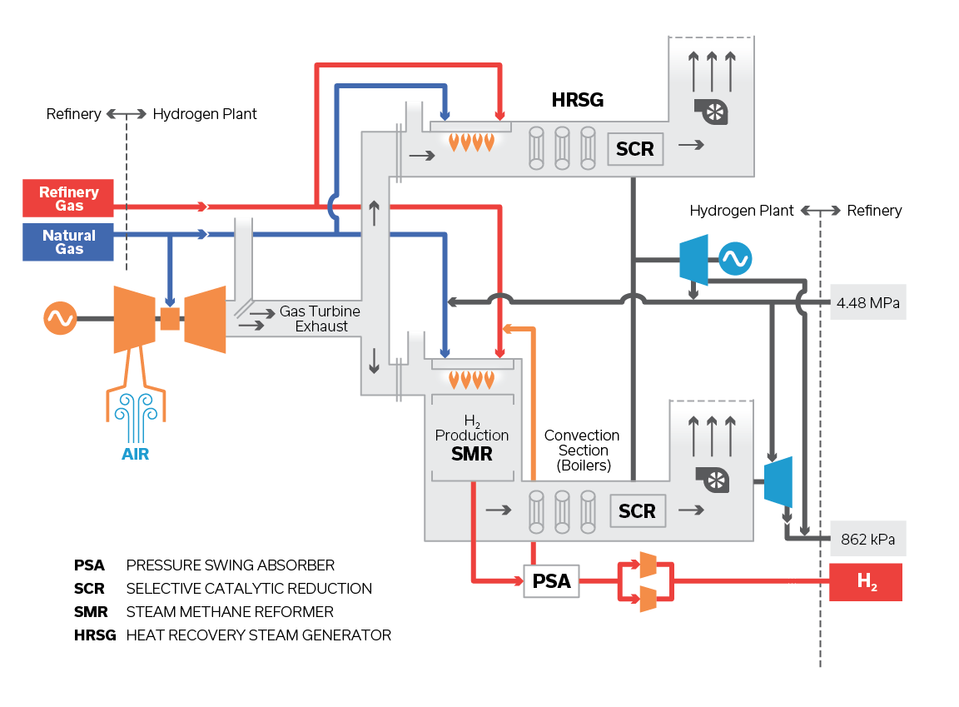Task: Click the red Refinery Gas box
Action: [x=68, y=198]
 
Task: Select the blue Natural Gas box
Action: [x=68, y=242]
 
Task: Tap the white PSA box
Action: [x=551, y=580]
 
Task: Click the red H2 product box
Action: [x=866, y=582]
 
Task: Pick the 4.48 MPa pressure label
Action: [x=867, y=302]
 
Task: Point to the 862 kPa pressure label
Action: [x=867, y=539]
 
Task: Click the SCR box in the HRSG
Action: [x=635, y=150]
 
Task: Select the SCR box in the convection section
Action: [x=637, y=510]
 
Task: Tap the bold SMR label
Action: [x=471, y=455]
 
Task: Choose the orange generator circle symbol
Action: [x=60, y=318]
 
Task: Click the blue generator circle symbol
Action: [x=735, y=259]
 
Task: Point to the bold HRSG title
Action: [x=577, y=101]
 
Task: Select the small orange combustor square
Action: [x=170, y=318]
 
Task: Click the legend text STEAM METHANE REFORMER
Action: [x=230, y=612]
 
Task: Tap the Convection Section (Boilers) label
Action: [x=582, y=451]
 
